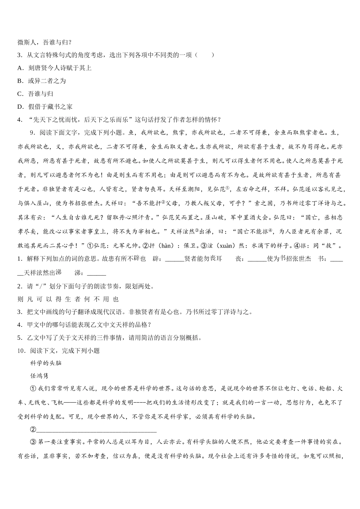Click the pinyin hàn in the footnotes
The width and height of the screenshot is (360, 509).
click(x=167, y=246)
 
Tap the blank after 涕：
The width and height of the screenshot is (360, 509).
click(x=96, y=272)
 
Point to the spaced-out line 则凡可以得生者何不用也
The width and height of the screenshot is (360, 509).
click(x=68, y=299)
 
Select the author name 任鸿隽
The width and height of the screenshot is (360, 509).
click(x=39, y=376)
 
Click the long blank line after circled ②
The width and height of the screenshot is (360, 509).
click(x=96, y=429)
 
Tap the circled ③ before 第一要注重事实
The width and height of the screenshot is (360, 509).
click(x=33, y=442)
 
